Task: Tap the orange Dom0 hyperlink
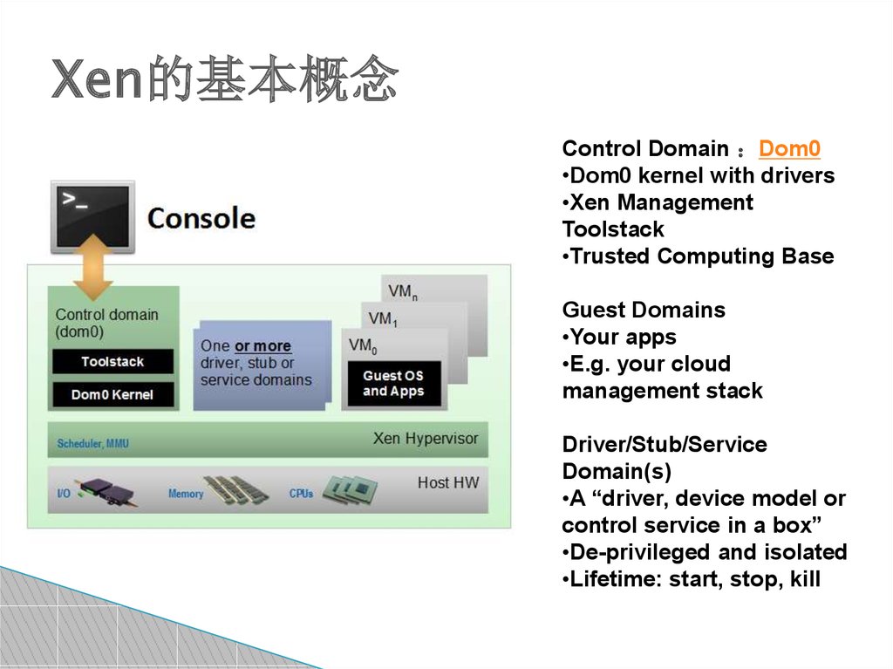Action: click(x=789, y=148)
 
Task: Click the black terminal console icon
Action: click(x=93, y=216)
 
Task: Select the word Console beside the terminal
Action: click(x=201, y=218)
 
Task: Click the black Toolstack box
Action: click(x=112, y=361)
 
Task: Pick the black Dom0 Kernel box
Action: click(x=112, y=394)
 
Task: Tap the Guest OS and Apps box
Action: click(x=393, y=384)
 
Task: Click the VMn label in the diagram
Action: click(x=403, y=291)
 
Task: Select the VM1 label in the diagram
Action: click(x=383, y=318)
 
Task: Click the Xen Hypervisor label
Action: click(x=426, y=438)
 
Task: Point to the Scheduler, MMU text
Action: click(x=93, y=443)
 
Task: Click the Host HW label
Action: click(x=448, y=482)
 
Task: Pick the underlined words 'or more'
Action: click(x=262, y=346)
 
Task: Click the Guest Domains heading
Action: click(x=644, y=310)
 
